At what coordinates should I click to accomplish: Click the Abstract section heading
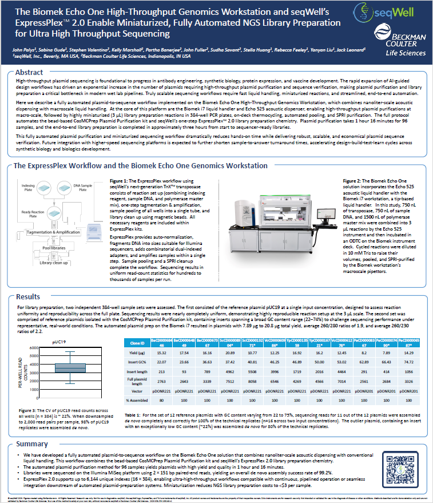(x=29, y=73)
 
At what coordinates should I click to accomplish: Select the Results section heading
(x=27, y=298)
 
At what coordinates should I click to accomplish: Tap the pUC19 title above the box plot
(x=60, y=341)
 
